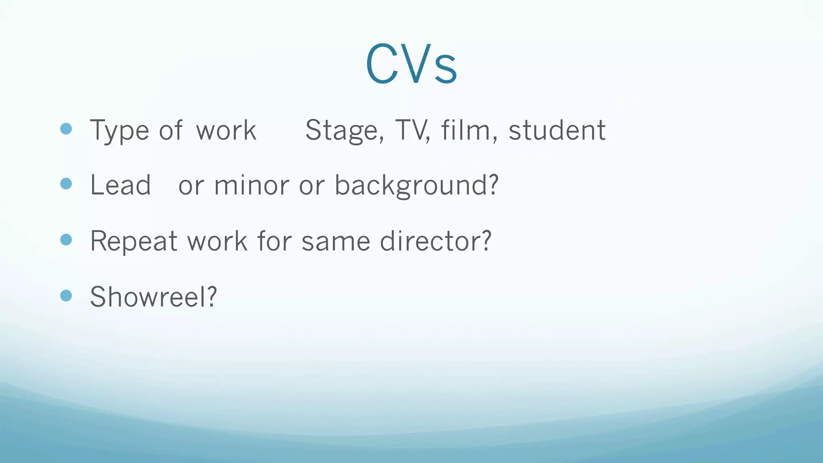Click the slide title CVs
[411, 64]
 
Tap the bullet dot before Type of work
[66, 129]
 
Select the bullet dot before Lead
[66, 184]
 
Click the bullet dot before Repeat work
[66, 240]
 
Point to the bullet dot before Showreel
[66, 296]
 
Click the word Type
[119, 131]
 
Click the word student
[557, 131]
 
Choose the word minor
[251, 186]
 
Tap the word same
[336, 242]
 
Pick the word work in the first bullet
[226, 131]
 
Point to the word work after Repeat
[217, 242]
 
